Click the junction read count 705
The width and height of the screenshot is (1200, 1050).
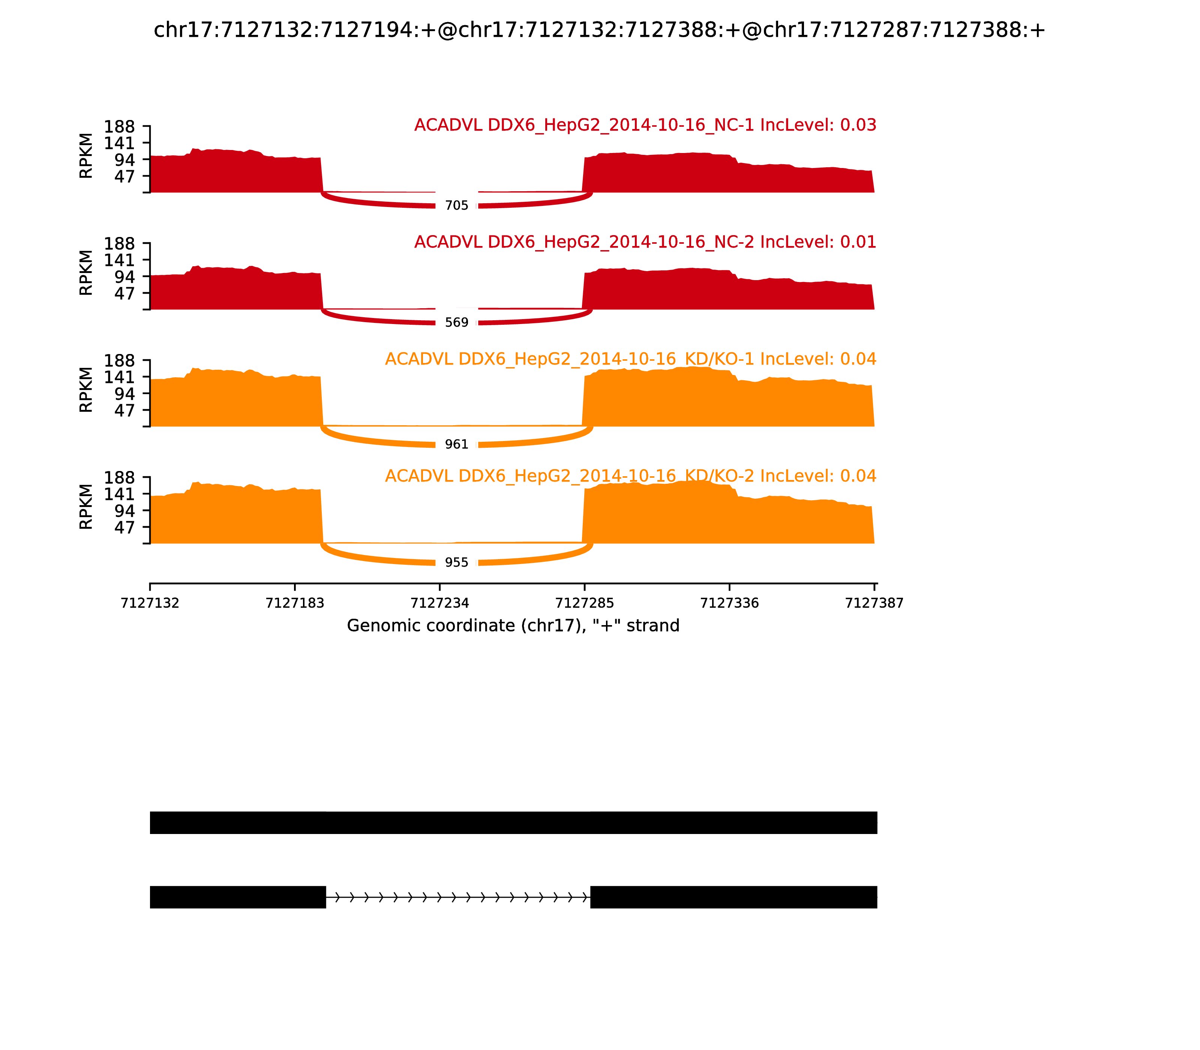point(456,205)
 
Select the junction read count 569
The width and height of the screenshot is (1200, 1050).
point(456,323)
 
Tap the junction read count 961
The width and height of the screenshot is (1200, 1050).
point(456,445)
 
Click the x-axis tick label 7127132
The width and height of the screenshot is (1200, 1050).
point(150,603)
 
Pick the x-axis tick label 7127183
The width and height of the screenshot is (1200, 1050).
point(295,603)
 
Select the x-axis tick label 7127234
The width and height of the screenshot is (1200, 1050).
point(439,603)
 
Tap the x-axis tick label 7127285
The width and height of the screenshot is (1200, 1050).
point(584,603)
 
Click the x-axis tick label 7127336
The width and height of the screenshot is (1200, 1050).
point(729,603)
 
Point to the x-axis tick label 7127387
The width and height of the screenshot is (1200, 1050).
point(874,603)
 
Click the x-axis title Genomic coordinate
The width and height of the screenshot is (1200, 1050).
point(513,626)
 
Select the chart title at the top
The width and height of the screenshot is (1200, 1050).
point(599,30)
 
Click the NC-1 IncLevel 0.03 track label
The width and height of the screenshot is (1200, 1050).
point(645,125)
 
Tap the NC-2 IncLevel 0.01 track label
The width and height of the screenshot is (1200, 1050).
point(645,242)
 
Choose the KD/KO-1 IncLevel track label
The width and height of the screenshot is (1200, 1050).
point(630,359)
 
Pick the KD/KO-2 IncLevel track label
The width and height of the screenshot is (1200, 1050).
point(630,476)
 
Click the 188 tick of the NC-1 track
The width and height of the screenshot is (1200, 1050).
point(120,127)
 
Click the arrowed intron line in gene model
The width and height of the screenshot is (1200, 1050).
point(457,897)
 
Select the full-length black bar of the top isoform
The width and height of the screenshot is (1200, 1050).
point(513,823)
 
